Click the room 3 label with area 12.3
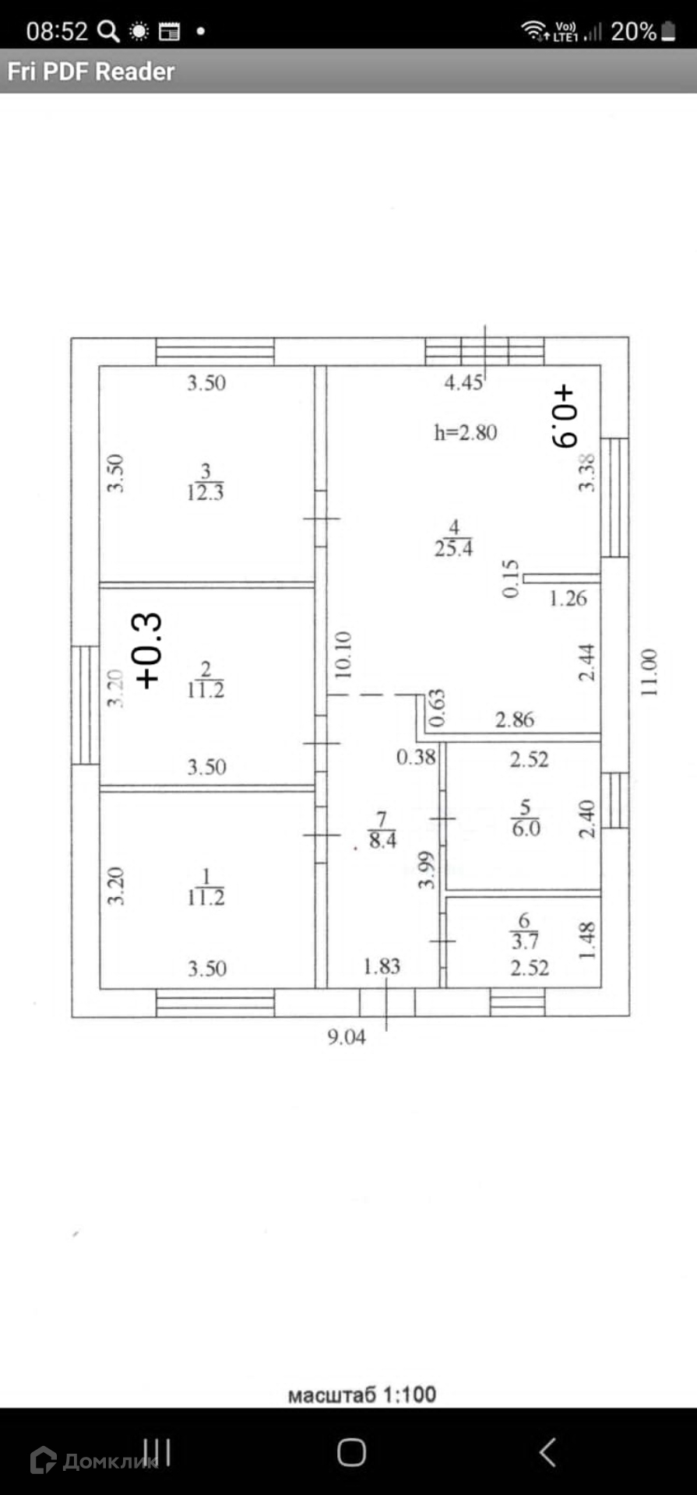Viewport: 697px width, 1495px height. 205,482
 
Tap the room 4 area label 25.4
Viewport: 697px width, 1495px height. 453,539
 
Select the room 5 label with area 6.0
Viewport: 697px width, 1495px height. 526,818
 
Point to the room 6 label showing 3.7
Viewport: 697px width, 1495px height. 524,932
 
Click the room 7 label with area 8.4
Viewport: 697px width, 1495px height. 382,830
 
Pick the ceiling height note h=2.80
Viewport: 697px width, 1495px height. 465,432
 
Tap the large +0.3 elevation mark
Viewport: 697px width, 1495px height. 148,650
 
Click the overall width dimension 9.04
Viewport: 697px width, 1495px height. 346,1037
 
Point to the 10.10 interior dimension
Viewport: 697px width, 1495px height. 343,655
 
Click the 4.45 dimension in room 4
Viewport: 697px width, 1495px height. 463,382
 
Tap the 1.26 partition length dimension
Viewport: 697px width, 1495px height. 568,598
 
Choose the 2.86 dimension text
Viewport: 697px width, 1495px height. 515,719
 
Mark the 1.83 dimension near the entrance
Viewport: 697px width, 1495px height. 382,966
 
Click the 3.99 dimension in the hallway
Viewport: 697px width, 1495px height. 426,870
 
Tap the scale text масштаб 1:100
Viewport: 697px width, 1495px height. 361,1395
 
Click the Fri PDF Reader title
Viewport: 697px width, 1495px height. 91,72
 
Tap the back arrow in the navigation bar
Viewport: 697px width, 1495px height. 547,1452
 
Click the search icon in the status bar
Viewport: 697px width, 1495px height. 107,31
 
